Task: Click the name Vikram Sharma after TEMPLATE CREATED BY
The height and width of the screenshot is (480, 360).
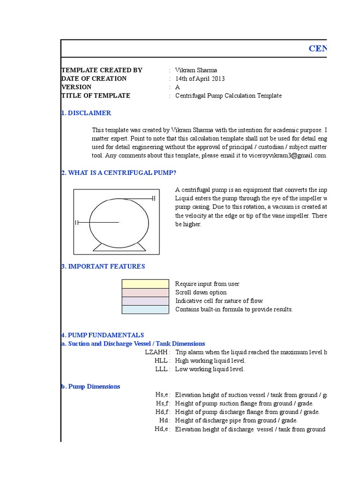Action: click(196, 70)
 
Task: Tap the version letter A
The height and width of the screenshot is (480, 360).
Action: click(178, 87)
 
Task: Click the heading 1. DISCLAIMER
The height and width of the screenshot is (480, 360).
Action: click(86, 113)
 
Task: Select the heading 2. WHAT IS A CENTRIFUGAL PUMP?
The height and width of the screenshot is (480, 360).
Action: click(119, 173)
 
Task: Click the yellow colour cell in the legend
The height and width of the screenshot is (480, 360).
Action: click(145, 284)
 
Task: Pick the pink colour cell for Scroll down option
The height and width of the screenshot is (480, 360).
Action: click(145, 292)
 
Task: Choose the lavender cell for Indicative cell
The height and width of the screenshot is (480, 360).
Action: click(145, 301)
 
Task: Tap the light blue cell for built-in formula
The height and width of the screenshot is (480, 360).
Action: click(145, 309)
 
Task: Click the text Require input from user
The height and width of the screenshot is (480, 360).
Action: click(207, 284)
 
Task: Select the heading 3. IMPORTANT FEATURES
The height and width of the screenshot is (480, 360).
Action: click(103, 267)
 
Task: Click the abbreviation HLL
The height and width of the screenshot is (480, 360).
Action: click(162, 360)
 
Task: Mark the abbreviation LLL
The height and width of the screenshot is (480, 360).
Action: click(162, 369)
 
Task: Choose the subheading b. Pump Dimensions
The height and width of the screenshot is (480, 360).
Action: click(90, 387)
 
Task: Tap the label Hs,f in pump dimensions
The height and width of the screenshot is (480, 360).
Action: click(163, 404)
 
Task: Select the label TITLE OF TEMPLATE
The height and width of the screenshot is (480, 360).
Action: click(96, 96)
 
